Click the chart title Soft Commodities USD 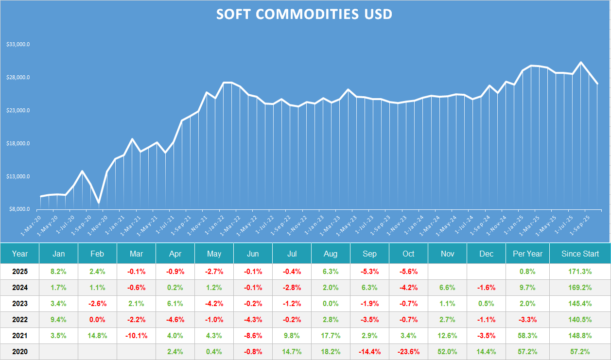[304, 14]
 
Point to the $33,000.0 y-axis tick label [18, 44]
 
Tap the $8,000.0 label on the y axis [19, 209]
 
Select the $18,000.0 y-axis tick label [18, 143]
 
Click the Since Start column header [580, 254]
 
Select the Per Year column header [527, 254]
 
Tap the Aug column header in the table [331, 254]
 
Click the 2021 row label [20, 336]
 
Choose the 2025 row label [20, 272]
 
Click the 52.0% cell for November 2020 [447, 352]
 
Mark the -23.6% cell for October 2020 [408, 352]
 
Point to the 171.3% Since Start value [580, 272]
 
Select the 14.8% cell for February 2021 [97, 336]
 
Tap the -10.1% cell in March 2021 [136, 336]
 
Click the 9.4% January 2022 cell [58, 320]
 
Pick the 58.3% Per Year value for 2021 [527, 336]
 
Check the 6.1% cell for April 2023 [175, 304]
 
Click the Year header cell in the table [20, 254]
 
